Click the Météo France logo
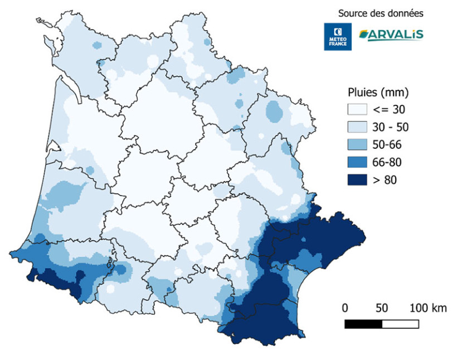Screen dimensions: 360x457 [x=338, y=37]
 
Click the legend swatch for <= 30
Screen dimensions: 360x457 [x=360, y=109]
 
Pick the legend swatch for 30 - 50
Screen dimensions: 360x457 [x=360, y=127]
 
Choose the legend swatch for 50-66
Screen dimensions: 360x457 [x=360, y=144]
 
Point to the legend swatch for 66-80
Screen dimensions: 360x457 [x=360, y=162]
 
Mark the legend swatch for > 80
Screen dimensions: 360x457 [x=360, y=179]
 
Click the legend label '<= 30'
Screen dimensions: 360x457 [x=393, y=109]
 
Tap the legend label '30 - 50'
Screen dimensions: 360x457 [x=394, y=127]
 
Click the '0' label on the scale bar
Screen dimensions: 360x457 [x=345, y=308]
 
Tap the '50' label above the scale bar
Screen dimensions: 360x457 [x=381, y=308]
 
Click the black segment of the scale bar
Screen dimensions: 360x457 [x=363, y=324]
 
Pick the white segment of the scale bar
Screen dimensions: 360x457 [x=400, y=324]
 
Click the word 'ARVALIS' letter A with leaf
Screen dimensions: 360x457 [x=366, y=35]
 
